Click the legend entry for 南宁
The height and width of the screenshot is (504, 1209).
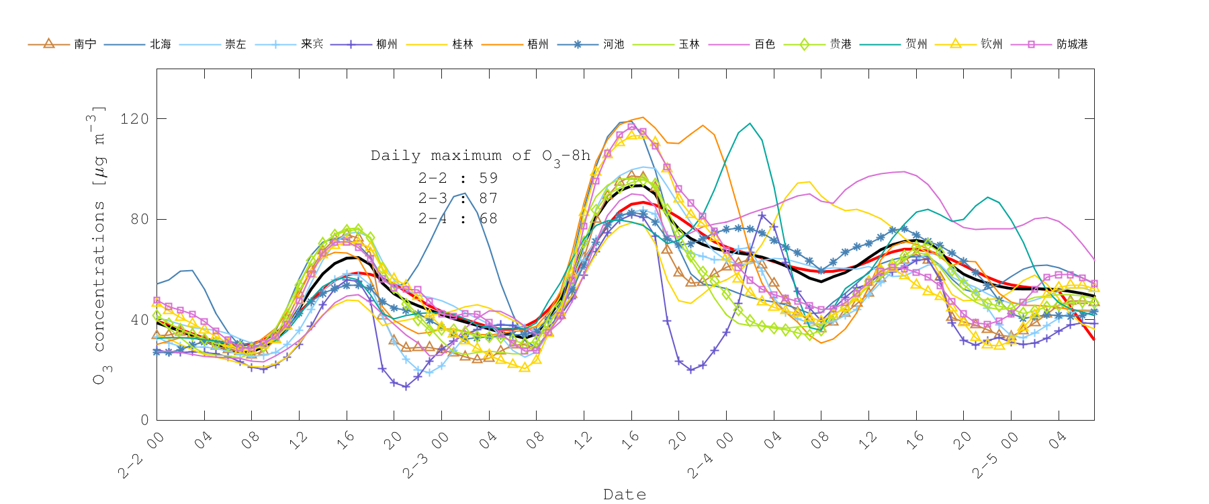click(x=85, y=44)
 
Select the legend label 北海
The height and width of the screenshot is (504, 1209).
click(x=160, y=44)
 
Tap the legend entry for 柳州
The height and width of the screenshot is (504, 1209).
click(x=386, y=44)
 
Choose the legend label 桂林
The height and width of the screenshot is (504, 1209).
click(x=462, y=44)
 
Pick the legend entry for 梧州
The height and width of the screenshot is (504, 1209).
click(x=537, y=44)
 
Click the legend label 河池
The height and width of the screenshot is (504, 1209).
click(x=613, y=44)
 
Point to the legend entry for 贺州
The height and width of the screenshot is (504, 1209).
click(x=915, y=44)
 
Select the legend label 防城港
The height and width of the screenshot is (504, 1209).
click(x=1072, y=44)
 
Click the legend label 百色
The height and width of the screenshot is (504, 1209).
click(x=764, y=44)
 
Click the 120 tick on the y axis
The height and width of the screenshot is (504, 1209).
click(x=134, y=119)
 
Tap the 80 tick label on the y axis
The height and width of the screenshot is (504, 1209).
click(x=139, y=219)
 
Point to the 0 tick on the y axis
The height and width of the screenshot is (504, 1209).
click(x=144, y=420)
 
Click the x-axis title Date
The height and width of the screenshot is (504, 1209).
click(x=625, y=495)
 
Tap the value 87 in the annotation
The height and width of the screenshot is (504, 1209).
click(x=488, y=198)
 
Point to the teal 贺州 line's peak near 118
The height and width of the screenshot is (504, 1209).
click(x=750, y=124)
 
